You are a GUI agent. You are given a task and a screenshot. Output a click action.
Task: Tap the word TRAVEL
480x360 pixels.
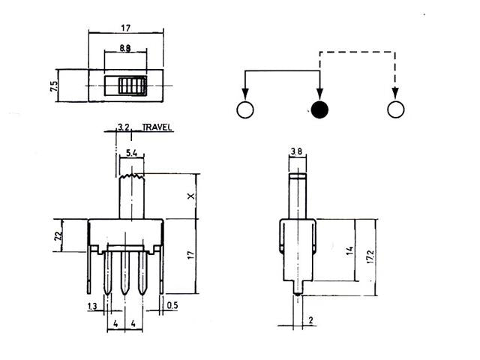pos(157,127)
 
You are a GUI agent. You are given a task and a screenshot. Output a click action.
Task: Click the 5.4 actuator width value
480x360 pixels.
pos(131,154)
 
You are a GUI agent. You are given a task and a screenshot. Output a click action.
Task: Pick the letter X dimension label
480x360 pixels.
pos(191,196)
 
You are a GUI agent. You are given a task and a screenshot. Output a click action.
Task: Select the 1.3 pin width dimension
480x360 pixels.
pos(91,307)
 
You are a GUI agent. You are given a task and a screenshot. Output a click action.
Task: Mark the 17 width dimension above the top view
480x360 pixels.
pos(125,29)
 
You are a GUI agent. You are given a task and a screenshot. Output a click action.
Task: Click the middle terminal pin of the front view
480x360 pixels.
pos(125,273)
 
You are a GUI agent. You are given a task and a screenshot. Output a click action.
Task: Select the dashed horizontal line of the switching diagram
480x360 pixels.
pos(357,52)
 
